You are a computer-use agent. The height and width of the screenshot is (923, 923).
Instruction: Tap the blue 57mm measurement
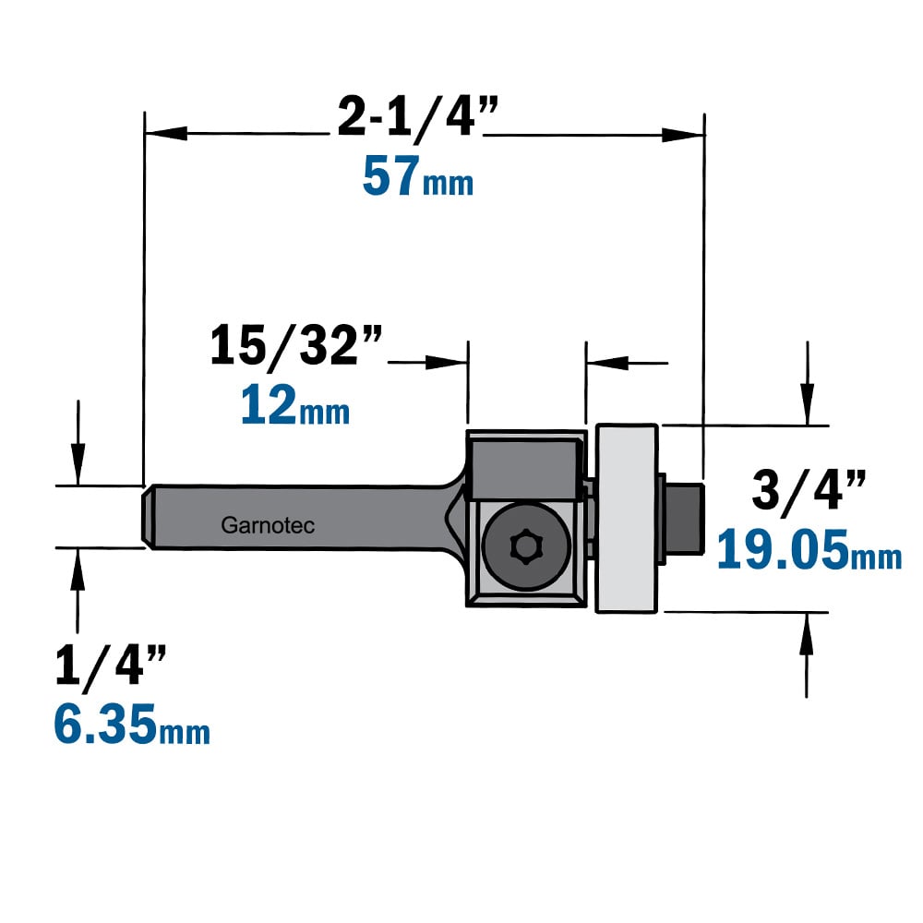pos(418,176)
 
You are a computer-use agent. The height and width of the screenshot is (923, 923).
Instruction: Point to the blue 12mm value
pos(295,404)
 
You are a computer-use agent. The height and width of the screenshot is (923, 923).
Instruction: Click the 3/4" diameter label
pos(809,492)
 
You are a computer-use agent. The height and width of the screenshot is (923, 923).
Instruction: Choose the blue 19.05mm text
pos(809,549)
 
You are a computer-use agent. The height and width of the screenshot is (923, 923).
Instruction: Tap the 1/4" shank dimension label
pos(111,666)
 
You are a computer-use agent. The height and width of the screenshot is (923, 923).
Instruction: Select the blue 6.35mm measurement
pos(132,724)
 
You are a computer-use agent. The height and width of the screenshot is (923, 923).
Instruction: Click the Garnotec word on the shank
pos(268,525)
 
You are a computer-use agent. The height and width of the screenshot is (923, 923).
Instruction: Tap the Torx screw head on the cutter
pos(526,546)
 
